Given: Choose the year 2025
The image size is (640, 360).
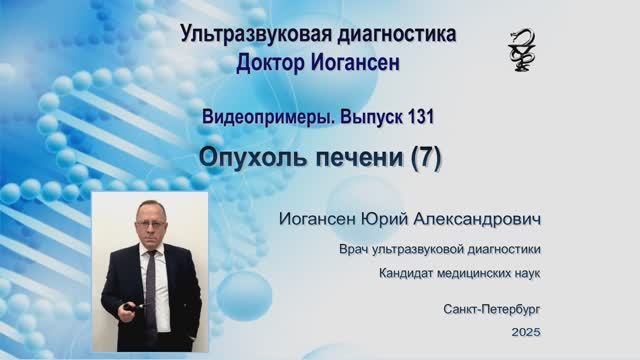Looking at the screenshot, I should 526,331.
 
